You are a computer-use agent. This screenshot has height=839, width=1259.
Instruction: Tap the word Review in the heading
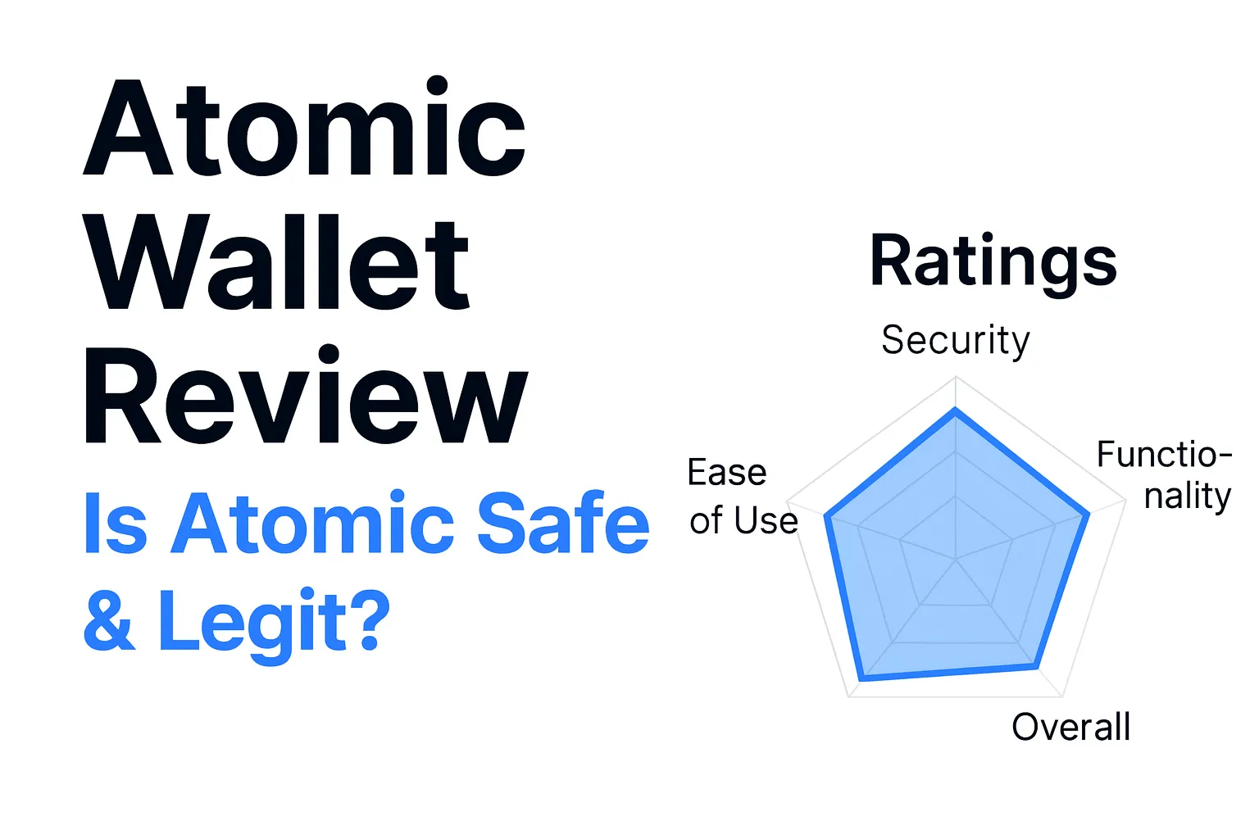pyautogui.click(x=305, y=397)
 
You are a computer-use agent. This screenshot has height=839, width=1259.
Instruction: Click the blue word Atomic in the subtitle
pyautogui.click(x=312, y=524)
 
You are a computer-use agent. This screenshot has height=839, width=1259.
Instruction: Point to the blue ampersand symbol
pyautogui.click(x=110, y=620)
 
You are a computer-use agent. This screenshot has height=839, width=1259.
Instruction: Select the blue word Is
pyautogui.click(x=115, y=524)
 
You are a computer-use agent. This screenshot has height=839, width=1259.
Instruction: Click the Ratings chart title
pyautogui.click(x=993, y=261)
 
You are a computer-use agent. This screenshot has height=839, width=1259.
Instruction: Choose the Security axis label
pyautogui.click(x=955, y=340)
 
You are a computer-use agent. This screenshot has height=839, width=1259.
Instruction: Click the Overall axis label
pyautogui.click(x=1070, y=727)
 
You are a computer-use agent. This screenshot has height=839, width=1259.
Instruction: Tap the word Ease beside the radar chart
pyautogui.click(x=727, y=473)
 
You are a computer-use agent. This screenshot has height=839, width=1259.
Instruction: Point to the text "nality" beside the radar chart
pyautogui.click(x=1188, y=497)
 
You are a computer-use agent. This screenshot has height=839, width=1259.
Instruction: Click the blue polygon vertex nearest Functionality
pyautogui.click(x=1088, y=515)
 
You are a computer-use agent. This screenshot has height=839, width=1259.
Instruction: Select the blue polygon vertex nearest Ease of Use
pyautogui.click(x=826, y=517)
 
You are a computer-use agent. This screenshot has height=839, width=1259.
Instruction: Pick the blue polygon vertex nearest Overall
pyautogui.click(x=1036, y=667)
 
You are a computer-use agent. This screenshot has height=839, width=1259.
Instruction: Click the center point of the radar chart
pyautogui.click(x=956, y=560)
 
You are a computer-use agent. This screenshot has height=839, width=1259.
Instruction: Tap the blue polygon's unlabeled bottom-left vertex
pyautogui.click(x=862, y=678)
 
